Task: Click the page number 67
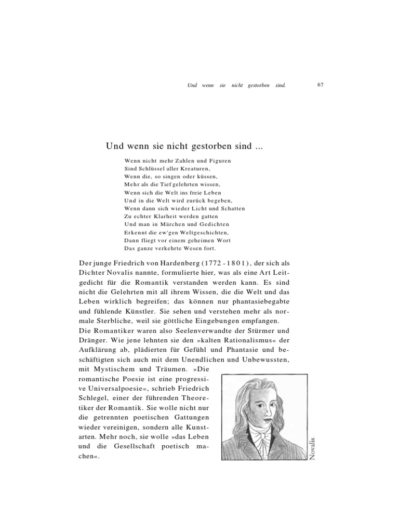[x=320, y=85]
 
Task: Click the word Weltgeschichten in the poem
[x=198, y=233]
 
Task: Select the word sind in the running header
[x=281, y=85]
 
